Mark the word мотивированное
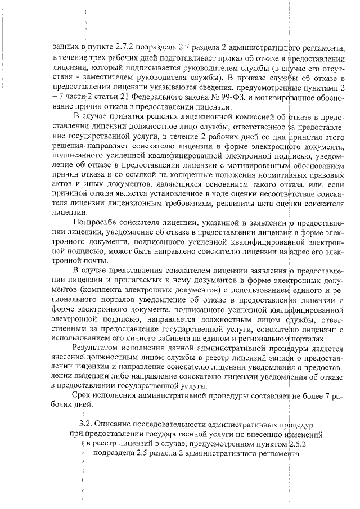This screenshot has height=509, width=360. (287, 100)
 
